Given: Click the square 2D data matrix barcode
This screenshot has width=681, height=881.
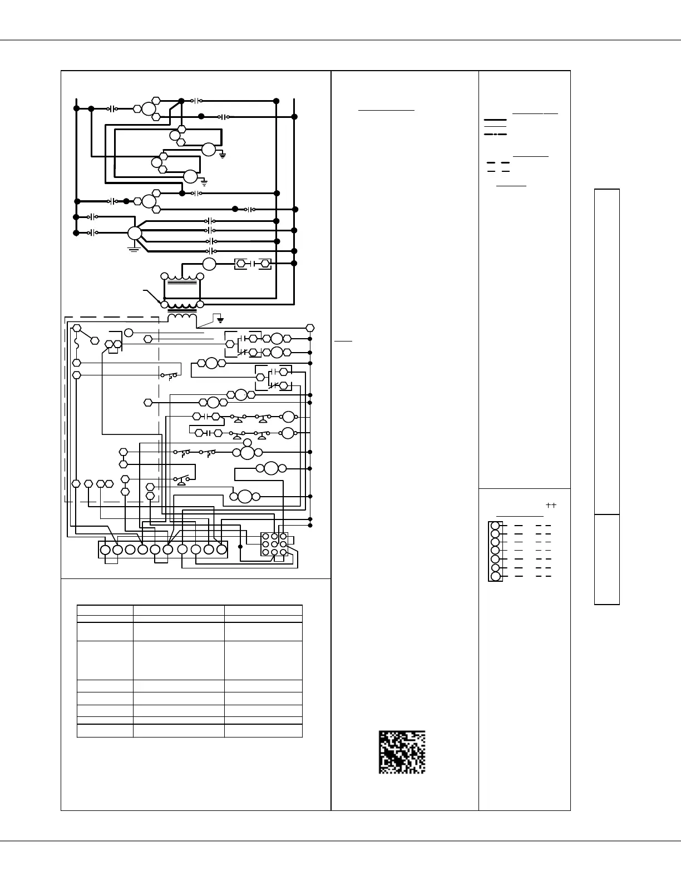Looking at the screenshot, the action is pyautogui.click(x=402, y=752).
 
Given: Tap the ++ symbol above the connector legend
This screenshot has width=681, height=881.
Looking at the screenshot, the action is pyautogui.click(x=551, y=505).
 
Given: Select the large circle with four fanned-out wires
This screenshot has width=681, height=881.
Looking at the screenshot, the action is pyautogui.click(x=135, y=234).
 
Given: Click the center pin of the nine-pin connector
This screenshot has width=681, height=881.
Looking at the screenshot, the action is pyautogui.click(x=274, y=544).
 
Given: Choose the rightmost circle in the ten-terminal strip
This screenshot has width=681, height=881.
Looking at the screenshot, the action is pyautogui.click(x=221, y=550).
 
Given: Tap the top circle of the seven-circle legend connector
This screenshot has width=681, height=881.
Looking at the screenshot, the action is pyautogui.click(x=495, y=525).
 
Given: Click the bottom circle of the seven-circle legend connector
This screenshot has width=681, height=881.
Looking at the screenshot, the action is pyautogui.click(x=495, y=576).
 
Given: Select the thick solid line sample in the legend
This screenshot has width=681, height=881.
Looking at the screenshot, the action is pyautogui.click(x=495, y=120).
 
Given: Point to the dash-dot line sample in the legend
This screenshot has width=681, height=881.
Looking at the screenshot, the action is pyautogui.click(x=495, y=135).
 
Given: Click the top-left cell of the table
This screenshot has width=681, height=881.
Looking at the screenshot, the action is pyautogui.click(x=105, y=610).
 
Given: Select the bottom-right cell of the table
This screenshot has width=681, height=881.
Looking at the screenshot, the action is pyautogui.click(x=263, y=731).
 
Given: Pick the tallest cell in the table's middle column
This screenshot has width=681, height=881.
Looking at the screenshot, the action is pyautogui.click(x=179, y=660).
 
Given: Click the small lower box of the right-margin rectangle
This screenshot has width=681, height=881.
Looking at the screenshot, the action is pyautogui.click(x=607, y=559).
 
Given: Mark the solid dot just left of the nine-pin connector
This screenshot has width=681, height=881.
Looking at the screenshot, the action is pyautogui.click(x=240, y=547).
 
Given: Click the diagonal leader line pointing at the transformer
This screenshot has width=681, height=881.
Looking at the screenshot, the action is pyautogui.click(x=152, y=295).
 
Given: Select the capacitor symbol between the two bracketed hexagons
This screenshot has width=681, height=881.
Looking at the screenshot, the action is pyautogui.click(x=253, y=264).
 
